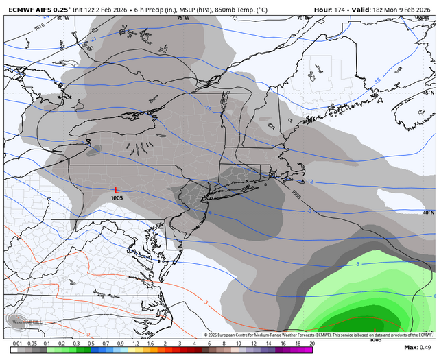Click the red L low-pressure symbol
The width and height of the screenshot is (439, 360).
tap(117, 190)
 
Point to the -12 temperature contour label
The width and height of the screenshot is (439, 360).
tap(309, 182)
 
